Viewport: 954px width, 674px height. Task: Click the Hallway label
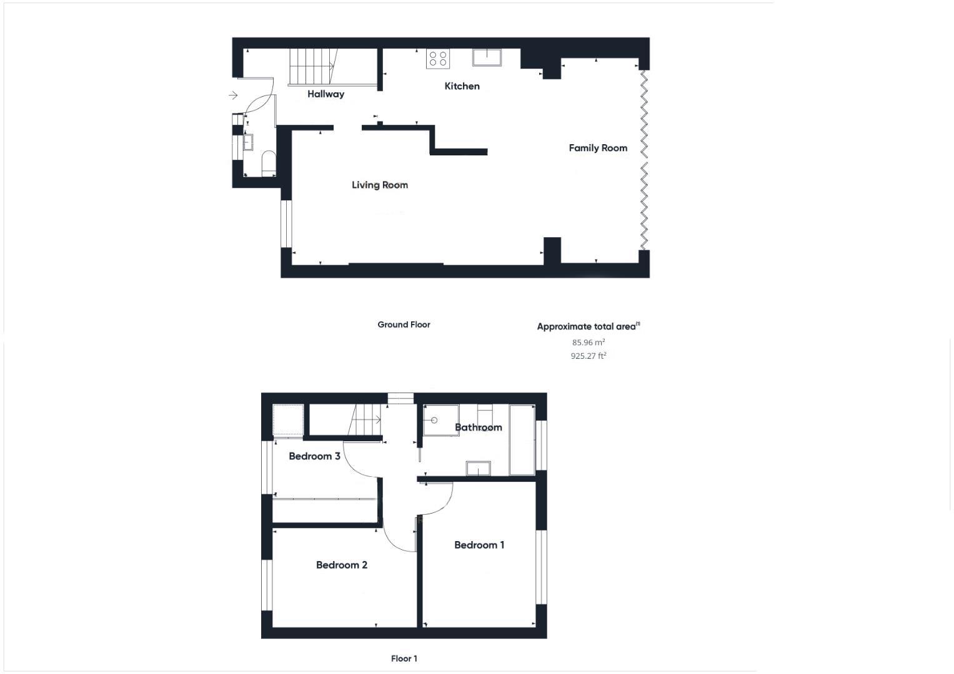(325, 94)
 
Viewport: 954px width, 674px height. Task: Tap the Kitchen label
(462, 86)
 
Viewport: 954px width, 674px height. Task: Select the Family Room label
(598, 148)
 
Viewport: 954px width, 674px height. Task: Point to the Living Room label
(379, 185)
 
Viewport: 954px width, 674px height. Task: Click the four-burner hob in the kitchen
(438, 59)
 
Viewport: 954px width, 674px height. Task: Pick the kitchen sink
(487, 57)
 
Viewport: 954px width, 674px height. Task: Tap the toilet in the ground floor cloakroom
(269, 162)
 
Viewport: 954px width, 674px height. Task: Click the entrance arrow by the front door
(233, 95)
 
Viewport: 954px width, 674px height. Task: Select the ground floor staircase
(311, 67)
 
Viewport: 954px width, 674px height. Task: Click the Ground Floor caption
(404, 325)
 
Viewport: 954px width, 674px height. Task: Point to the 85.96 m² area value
(589, 342)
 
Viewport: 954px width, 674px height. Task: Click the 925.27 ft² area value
(589, 356)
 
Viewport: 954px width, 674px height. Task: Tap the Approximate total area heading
(588, 326)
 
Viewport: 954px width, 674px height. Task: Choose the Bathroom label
(478, 427)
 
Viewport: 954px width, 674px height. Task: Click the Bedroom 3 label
(314, 456)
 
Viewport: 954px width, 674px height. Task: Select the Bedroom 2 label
(341, 565)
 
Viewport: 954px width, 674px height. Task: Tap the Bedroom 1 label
(479, 545)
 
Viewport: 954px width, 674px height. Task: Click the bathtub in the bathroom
(522, 440)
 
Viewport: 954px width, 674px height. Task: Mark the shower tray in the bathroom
(441, 419)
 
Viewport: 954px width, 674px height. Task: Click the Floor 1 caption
(404, 658)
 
